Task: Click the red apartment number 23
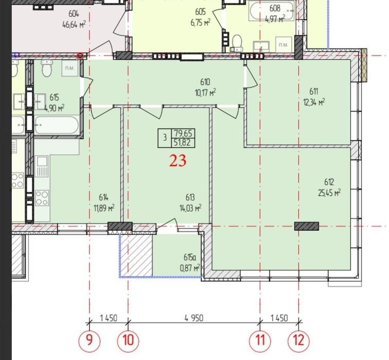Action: [x=178, y=160]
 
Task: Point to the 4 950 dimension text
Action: [x=194, y=318]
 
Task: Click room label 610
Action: [x=205, y=82]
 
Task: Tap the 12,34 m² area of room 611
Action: [x=314, y=101]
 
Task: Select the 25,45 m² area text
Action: [x=329, y=193]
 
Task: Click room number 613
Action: [x=190, y=198]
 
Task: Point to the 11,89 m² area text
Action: [x=104, y=208]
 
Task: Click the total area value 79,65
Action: [x=183, y=133]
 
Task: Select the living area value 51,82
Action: [x=183, y=143]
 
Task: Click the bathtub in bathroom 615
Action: [x=57, y=125]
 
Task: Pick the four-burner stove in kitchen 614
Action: [x=42, y=198]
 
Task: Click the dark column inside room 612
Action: [x=306, y=226]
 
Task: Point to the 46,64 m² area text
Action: [x=74, y=25]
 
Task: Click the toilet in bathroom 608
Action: [x=237, y=43]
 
